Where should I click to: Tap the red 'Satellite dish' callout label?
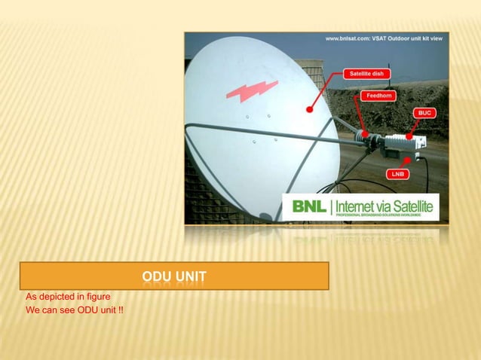(x=366, y=73)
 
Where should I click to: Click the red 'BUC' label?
(x=424, y=112)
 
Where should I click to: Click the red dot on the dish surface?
(x=309, y=110)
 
